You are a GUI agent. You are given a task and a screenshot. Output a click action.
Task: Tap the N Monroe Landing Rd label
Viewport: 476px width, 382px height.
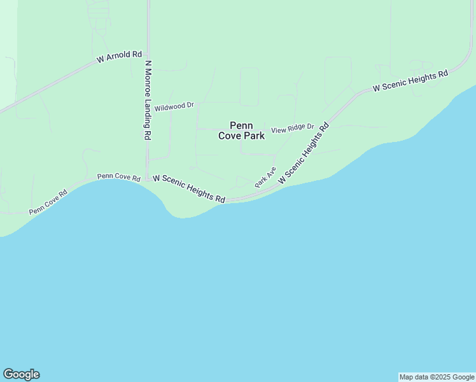(x=148, y=100)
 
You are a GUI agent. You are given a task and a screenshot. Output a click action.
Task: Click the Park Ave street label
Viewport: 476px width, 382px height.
(x=265, y=176)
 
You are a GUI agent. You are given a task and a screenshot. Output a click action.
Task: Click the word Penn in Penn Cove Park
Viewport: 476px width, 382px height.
(x=242, y=125)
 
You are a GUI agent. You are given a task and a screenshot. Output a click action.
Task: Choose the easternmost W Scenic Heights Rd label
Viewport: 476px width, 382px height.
(x=410, y=81)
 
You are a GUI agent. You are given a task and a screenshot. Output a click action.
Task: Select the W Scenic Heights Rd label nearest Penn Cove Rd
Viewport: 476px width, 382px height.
(x=189, y=189)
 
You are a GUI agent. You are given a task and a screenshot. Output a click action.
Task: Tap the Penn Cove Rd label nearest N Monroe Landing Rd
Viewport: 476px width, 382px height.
(x=118, y=177)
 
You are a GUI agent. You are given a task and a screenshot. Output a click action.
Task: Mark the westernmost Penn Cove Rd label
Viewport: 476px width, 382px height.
(x=48, y=203)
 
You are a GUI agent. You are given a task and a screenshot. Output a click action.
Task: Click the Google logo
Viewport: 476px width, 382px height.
(x=21, y=374)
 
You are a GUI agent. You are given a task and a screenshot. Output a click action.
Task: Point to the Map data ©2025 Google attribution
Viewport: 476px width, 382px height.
(x=437, y=377)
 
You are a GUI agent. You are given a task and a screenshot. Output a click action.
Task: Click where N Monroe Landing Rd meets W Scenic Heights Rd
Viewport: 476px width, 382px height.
(x=148, y=179)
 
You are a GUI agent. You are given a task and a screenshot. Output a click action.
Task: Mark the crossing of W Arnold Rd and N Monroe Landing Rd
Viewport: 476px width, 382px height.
(x=148, y=53)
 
